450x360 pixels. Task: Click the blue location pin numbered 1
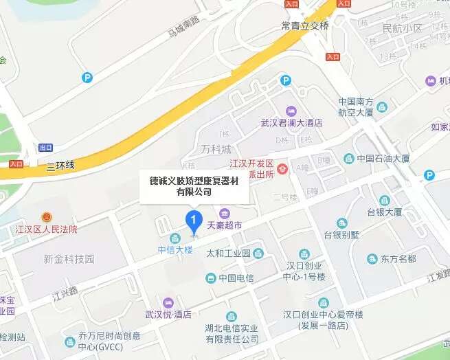click(194, 221)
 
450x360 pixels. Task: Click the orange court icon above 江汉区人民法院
click(47, 216)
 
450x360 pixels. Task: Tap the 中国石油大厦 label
click(383, 159)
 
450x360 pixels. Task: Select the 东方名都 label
click(398, 259)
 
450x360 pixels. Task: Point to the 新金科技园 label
click(68, 259)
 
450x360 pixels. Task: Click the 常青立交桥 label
click(305, 26)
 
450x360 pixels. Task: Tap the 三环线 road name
click(60, 166)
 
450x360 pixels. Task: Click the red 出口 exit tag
click(45, 148)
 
